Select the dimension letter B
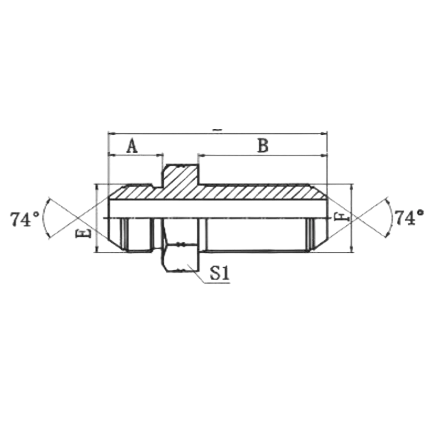coord(263,146)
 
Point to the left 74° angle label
coord(25,219)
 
